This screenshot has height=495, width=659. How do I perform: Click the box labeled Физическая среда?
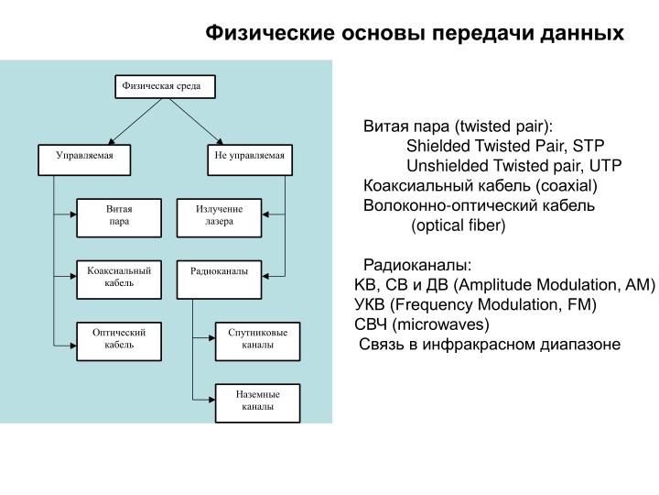pyautogui.click(x=165, y=87)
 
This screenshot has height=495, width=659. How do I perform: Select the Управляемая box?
pyautogui.click(x=84, y=159)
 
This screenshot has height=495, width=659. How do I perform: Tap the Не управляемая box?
pyautogui.click(x=250, y=159)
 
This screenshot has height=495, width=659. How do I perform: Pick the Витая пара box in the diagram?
pyautogui.click(x=119, y=218)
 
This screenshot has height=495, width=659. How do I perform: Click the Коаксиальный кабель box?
pyautogui.click(x=119, y=280)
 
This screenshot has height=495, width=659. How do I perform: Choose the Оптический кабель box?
pyautogui.click(x=119, y=341)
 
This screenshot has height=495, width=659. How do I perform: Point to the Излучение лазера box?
pyautogui.click(x=219, y=218)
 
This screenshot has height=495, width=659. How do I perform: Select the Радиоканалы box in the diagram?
pyautogui.click(x=219, y=280)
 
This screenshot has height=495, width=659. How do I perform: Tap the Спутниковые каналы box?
pyautogui.click(x=257, y=341)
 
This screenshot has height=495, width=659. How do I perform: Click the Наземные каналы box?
pyautogui.click(x=257, y=403)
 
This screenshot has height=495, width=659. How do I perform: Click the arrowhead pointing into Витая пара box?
pyautogui.click(x=73, y=214)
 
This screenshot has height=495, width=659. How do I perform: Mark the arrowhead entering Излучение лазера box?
pyautogui.click(x=265, y=214)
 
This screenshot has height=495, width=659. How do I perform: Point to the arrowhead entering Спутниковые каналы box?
pyautogui.click(x=211, y=337)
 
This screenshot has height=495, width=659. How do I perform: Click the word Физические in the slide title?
pyautogui.click(x=270, y=33)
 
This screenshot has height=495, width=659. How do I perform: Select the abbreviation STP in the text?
pyautogui.click(x=589, y=146)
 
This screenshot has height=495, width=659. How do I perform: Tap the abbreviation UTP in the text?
pyautogui.click(x=605, y=166)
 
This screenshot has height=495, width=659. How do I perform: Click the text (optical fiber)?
pyautogui.click(x=459, y=225)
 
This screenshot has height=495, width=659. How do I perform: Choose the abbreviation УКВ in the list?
pyautogui.click(x=370, y=304)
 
